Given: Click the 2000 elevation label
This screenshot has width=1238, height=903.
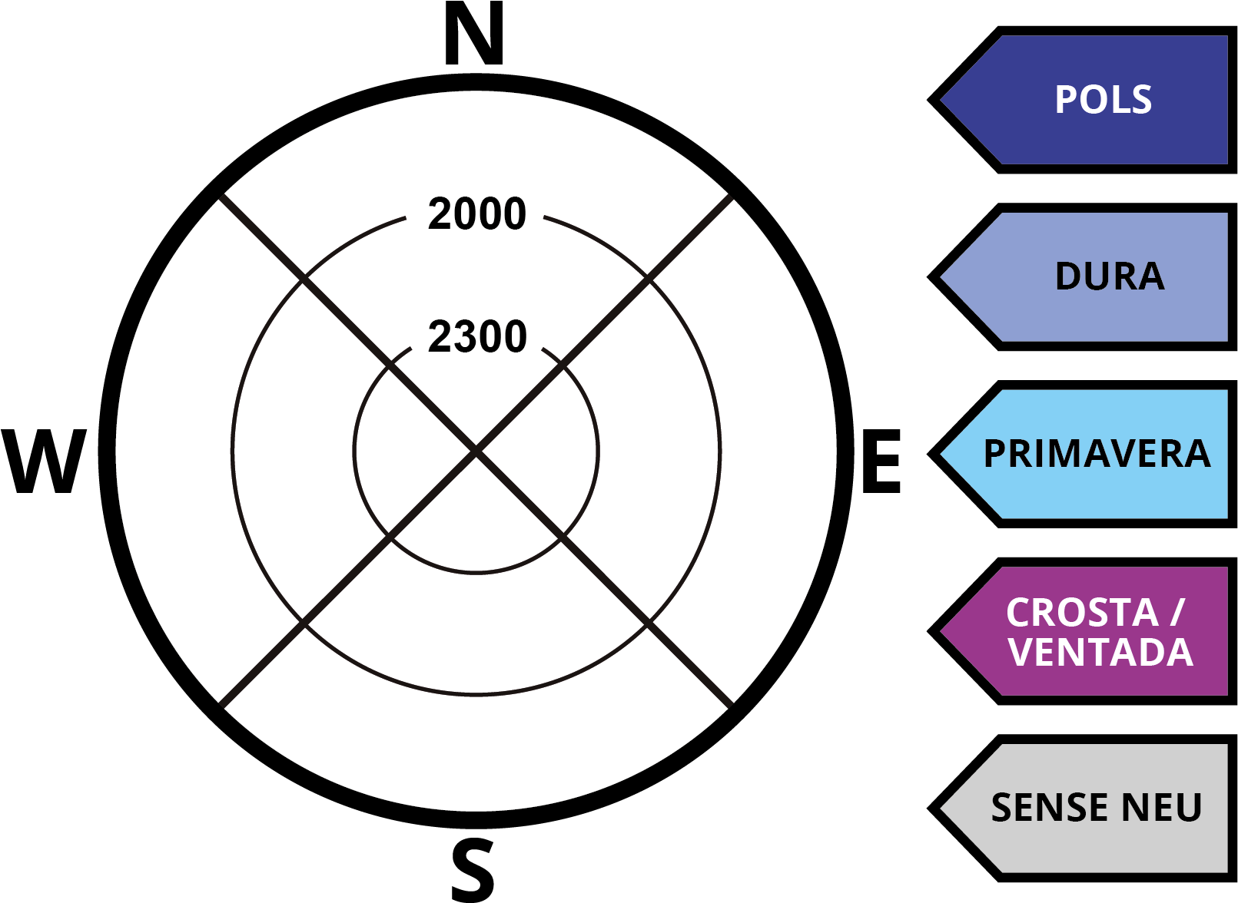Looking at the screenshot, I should click(477, 213).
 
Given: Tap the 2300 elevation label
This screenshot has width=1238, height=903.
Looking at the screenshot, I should click(477, 336).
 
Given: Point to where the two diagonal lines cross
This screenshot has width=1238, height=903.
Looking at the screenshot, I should click(476, 451).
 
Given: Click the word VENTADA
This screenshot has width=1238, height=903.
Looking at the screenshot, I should click(1100, 653).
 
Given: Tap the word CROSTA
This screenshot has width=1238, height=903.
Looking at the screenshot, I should click(1082, 613).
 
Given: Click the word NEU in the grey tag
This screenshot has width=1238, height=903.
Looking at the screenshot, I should click(1161, 808).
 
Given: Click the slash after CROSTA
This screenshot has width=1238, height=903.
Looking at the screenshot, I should click(1179, 613).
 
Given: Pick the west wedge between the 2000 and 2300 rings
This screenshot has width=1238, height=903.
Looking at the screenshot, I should click(292, 451).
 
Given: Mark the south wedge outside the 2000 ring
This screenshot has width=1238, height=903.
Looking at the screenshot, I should click(476, 752).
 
